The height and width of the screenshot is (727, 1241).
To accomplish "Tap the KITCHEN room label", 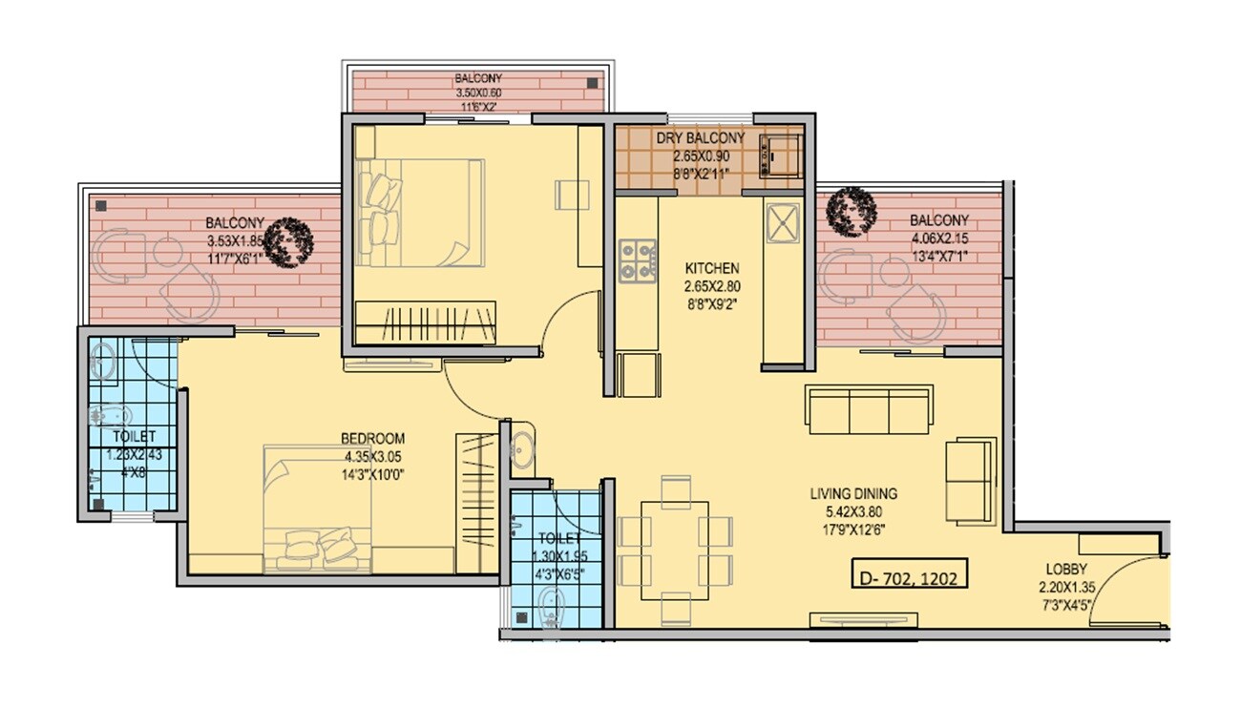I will tap(711, 269).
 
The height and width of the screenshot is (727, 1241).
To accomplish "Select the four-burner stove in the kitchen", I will tap(638, 260).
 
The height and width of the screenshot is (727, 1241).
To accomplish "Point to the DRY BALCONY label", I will tap(701, 138).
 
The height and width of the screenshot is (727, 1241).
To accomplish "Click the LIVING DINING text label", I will tap(853, 494).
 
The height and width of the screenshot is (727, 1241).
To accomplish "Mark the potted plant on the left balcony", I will tap(289, 241).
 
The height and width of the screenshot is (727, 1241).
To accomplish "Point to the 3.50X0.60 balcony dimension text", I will tap(478, 93).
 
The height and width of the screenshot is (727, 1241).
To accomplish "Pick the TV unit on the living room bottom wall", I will tap(864, 620).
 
